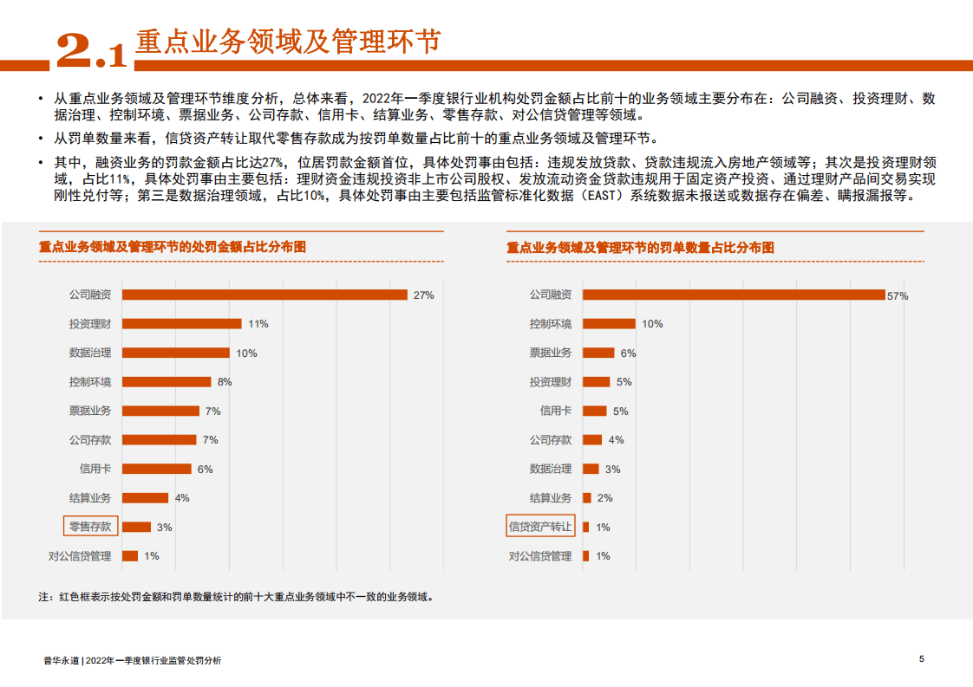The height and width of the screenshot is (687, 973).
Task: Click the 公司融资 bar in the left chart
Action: [264, 295]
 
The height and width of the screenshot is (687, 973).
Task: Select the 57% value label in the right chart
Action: [898, 295]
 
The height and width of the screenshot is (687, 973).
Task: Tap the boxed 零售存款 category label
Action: [90, 527]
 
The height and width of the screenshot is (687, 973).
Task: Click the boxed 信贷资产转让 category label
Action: [540, 527]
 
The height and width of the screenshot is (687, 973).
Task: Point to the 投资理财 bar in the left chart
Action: [182, 324]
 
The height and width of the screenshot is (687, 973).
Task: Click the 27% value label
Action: [423, 295]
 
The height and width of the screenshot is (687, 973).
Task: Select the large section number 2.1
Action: [91, 51]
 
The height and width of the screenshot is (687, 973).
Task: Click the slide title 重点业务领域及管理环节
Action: [288, 41]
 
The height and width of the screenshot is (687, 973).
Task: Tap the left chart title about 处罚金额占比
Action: [173, 248]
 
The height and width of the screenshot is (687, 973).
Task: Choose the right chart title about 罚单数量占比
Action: [641, 248]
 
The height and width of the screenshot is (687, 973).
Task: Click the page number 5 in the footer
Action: [922, 659]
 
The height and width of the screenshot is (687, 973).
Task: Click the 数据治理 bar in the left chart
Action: [176, 353]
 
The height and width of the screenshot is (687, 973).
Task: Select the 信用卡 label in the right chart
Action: [556, 411]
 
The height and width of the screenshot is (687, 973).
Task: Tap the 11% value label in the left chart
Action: [258, 324]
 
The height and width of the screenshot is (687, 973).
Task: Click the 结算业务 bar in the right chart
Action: [587, 498]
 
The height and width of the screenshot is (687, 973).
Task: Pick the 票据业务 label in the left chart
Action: [90, 411]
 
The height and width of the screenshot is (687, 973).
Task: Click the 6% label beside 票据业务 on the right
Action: [628, 353]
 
